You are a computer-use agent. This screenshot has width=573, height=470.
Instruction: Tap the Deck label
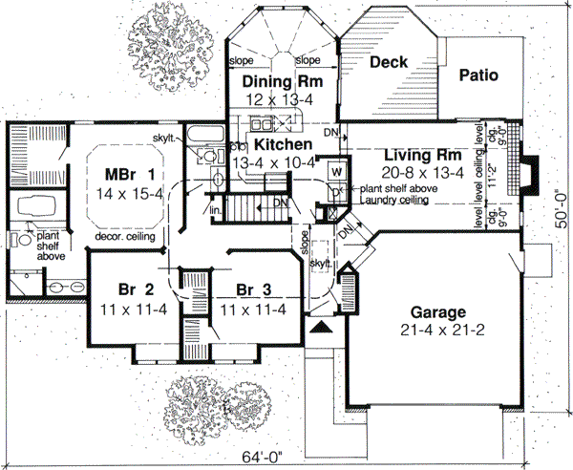(x=389, y=62)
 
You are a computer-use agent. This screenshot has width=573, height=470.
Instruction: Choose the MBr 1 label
(x=129, y=176)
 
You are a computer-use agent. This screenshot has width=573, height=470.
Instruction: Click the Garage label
(x=437, y=312)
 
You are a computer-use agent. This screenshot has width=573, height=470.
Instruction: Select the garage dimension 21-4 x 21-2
(x=437, y=330)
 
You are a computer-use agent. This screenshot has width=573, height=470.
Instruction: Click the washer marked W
(x=337, y=172)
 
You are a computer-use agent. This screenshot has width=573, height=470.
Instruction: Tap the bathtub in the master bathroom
(x=35, y=206)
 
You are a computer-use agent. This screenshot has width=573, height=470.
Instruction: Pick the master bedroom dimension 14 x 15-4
(x=131, y=194)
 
